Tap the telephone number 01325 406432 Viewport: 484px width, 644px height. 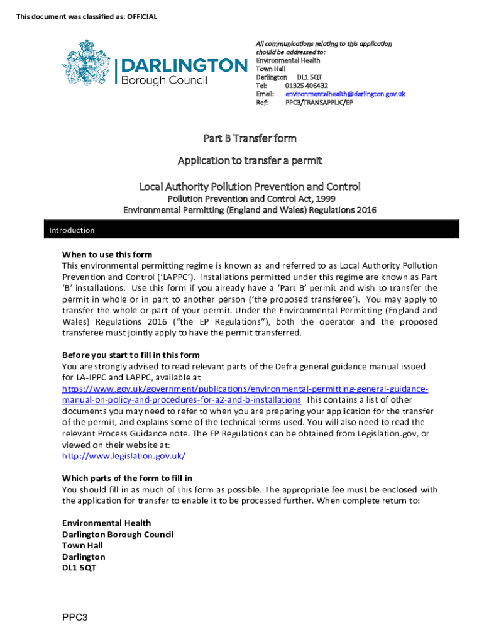pyautogui.click(x=306, y=86)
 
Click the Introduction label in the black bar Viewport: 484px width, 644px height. pyautogui.click(x=72, y=230)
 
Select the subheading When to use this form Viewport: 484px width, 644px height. pyautogui.click(x=107, y=255)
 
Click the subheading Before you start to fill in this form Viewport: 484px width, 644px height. pyautogui.click(x=131, y=355)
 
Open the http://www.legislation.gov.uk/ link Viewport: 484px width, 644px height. pyautogui.click(x=124, y=456)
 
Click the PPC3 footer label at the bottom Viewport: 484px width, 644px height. pyautogui.click(x=74, y=617)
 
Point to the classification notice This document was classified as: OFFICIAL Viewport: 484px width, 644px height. pyautogui.click(x=87, y=17)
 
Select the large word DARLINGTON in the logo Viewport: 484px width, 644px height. pyautogui.click(x=184, y=65)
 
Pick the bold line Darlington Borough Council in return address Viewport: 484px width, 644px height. pyautogui.click(x=118, y=534)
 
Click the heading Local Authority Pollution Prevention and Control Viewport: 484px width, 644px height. pyautogui.click(x=250, y=186)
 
